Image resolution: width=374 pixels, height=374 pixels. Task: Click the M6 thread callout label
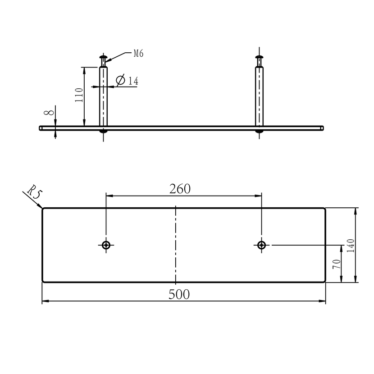[138, 54]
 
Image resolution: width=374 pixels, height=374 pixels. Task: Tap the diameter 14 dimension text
[127, 80]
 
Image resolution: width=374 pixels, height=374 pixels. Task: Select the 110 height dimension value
[79, 95]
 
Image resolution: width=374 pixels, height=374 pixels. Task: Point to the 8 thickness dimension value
[49, 112]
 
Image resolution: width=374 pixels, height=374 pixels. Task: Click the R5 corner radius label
[35, 192]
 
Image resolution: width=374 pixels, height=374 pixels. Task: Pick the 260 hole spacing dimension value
[180, 189]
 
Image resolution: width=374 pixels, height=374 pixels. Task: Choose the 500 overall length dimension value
[179, 294]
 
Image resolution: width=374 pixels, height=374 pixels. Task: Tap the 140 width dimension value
[351, 246]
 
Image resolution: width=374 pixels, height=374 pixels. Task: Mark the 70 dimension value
[337, 264]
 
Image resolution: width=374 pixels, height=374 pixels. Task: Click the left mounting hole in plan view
[106, 245]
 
